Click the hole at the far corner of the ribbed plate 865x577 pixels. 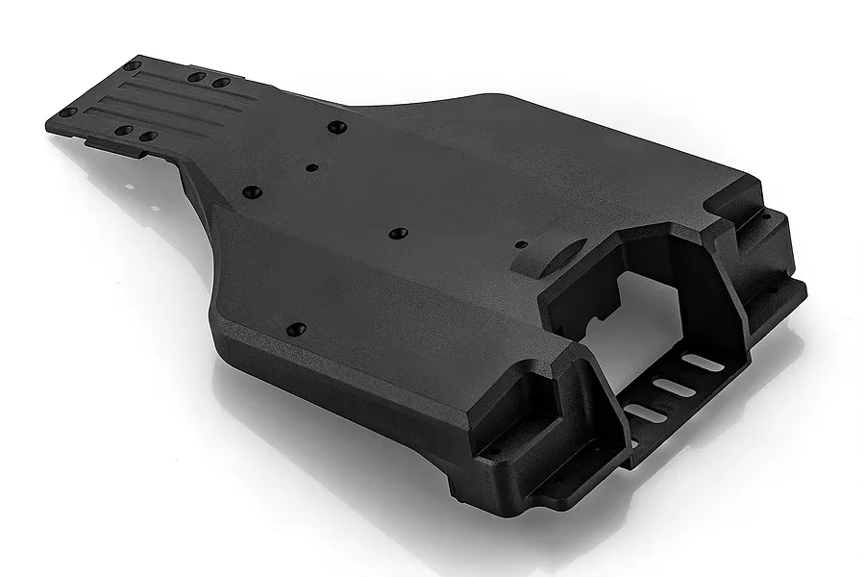[133, 65]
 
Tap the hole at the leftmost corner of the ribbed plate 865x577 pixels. [67, 113]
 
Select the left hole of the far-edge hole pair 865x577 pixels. [197, 77]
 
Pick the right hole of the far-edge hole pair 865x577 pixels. [221, 83]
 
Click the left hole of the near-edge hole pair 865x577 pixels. [123, 130]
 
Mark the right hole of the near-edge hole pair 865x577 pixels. [147, 136]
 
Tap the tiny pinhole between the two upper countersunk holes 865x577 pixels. [311, 167]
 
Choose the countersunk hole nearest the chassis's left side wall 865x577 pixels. [252, 192]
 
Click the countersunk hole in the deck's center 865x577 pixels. [398, 234]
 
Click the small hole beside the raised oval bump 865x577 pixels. [520, 244]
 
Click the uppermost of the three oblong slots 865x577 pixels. [703, 363]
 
